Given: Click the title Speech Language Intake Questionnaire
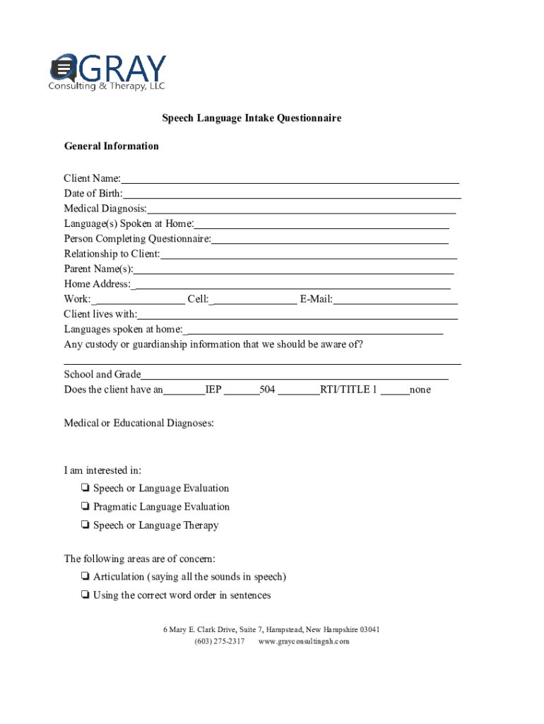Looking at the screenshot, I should point(252,118).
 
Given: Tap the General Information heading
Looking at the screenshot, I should point(112,146).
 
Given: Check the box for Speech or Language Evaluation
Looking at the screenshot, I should point(85,488).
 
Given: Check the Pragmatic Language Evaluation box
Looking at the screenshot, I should point(85,506).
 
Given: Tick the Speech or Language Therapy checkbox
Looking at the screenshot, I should point(85,525).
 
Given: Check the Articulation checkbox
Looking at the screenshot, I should point(85,576).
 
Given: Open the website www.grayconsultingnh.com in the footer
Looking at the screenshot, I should point(304,641).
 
